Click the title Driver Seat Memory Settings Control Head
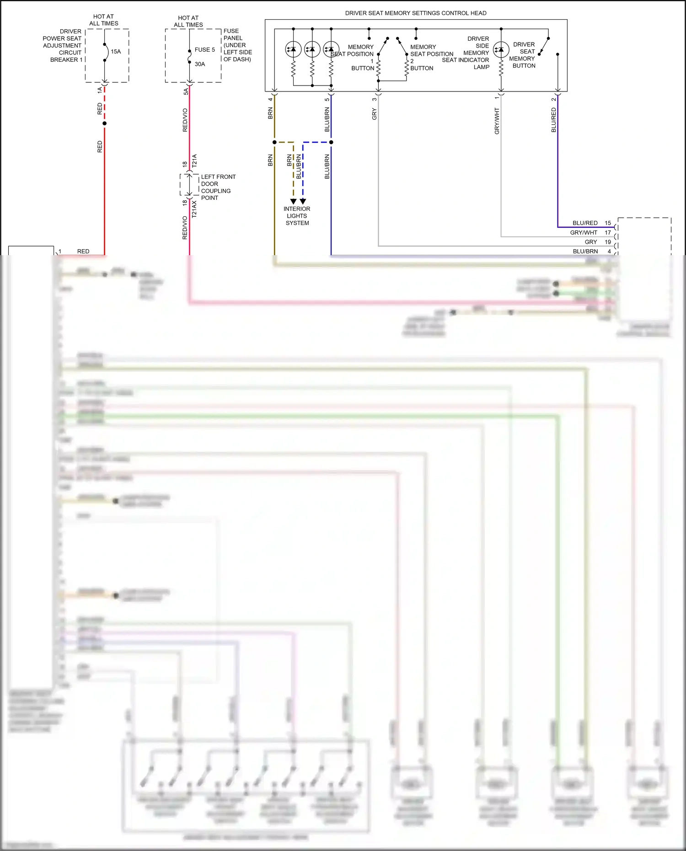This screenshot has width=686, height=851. (415, 13)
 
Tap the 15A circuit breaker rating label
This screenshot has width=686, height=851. (116, 52)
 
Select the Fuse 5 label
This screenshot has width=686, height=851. (204, 50)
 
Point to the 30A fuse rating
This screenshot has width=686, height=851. (200, 64)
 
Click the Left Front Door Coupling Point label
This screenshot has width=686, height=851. (218, 187)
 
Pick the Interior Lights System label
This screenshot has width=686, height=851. (297, 216)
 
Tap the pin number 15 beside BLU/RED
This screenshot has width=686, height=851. (608, 223)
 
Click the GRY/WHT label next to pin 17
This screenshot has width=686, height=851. (584, 233)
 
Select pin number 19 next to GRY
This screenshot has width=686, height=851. (608, 242)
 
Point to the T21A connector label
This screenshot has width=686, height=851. (194, 161)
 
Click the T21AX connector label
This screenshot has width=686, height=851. (194, 209)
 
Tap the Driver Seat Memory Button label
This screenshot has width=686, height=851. (523, 55)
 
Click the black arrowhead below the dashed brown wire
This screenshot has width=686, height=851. (294, 201)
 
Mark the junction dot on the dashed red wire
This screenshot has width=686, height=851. (105, 123)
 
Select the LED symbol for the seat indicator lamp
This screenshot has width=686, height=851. (501, 49)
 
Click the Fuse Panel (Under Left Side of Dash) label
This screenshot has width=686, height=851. (237, 45)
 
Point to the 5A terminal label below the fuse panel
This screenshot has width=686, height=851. (186, 91)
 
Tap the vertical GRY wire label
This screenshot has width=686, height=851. (375, 114)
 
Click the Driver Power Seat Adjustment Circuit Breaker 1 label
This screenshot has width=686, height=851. (62, 46)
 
